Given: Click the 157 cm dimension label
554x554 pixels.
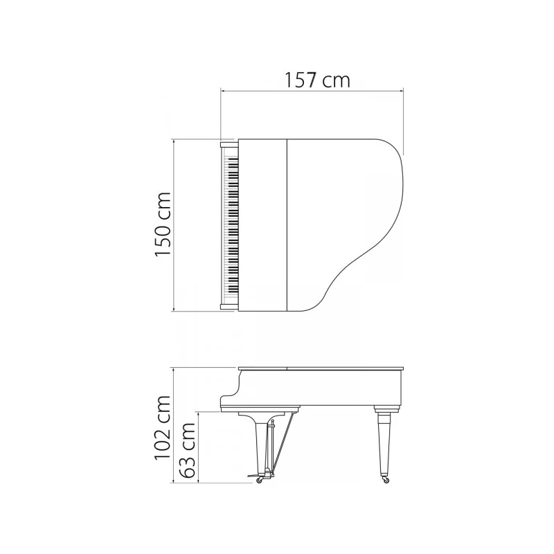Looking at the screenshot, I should [x=317, y=80].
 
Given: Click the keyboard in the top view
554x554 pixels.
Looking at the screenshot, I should [x=231, y=225].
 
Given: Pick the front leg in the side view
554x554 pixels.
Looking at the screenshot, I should [x=260, y=443].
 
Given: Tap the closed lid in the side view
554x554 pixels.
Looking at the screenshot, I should [x=320, y=368].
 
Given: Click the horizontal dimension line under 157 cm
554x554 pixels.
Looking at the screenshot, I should [x=311, y=90].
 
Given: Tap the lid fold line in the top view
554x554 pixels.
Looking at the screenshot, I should [x=287, y=225].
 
